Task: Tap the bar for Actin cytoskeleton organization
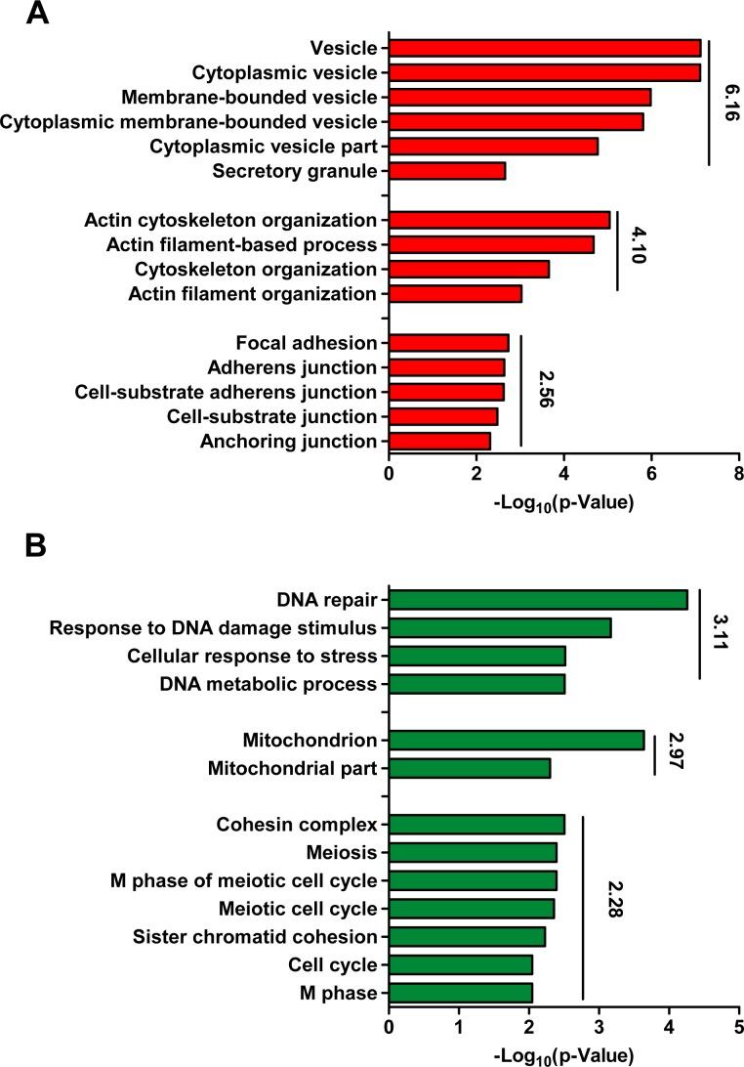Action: [x=499, y=220]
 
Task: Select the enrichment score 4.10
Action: [x=640, y=244]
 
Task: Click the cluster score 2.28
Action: [x=614, y=909]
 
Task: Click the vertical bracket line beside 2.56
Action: [x=520, y=391]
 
